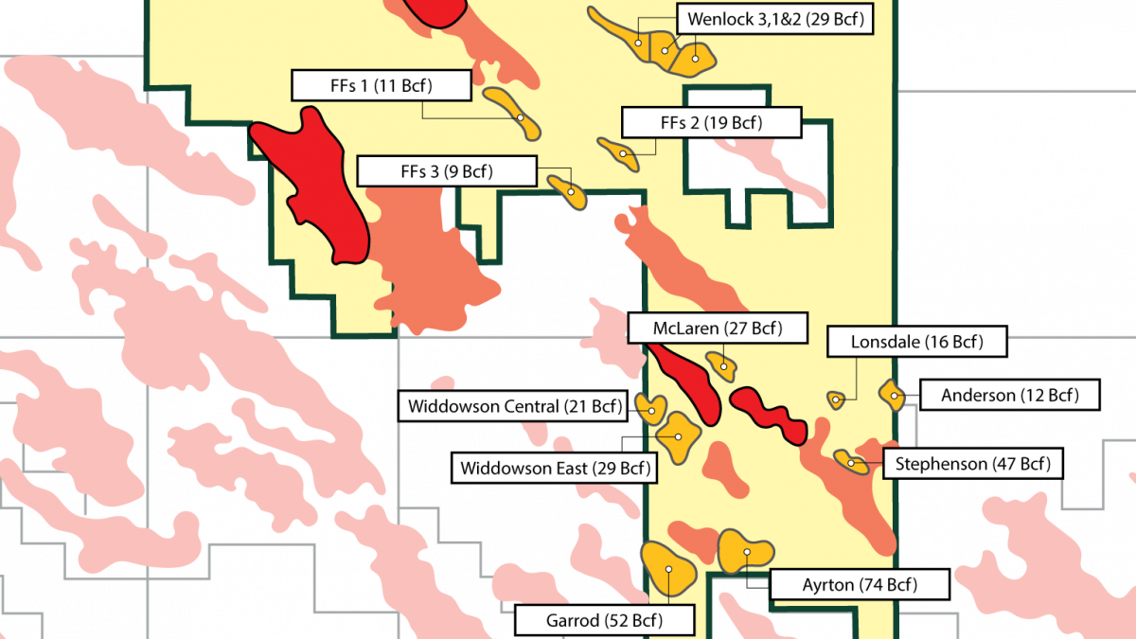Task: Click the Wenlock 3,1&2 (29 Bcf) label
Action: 775,18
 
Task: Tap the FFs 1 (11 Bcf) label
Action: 380,86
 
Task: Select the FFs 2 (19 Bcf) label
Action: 711,122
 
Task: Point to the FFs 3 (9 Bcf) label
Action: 447,172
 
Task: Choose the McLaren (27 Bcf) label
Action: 718,328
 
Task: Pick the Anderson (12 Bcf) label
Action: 1009,395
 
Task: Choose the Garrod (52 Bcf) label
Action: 604,621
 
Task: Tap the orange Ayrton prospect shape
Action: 745,550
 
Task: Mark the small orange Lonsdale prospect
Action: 836,399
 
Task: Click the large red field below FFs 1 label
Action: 317,185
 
